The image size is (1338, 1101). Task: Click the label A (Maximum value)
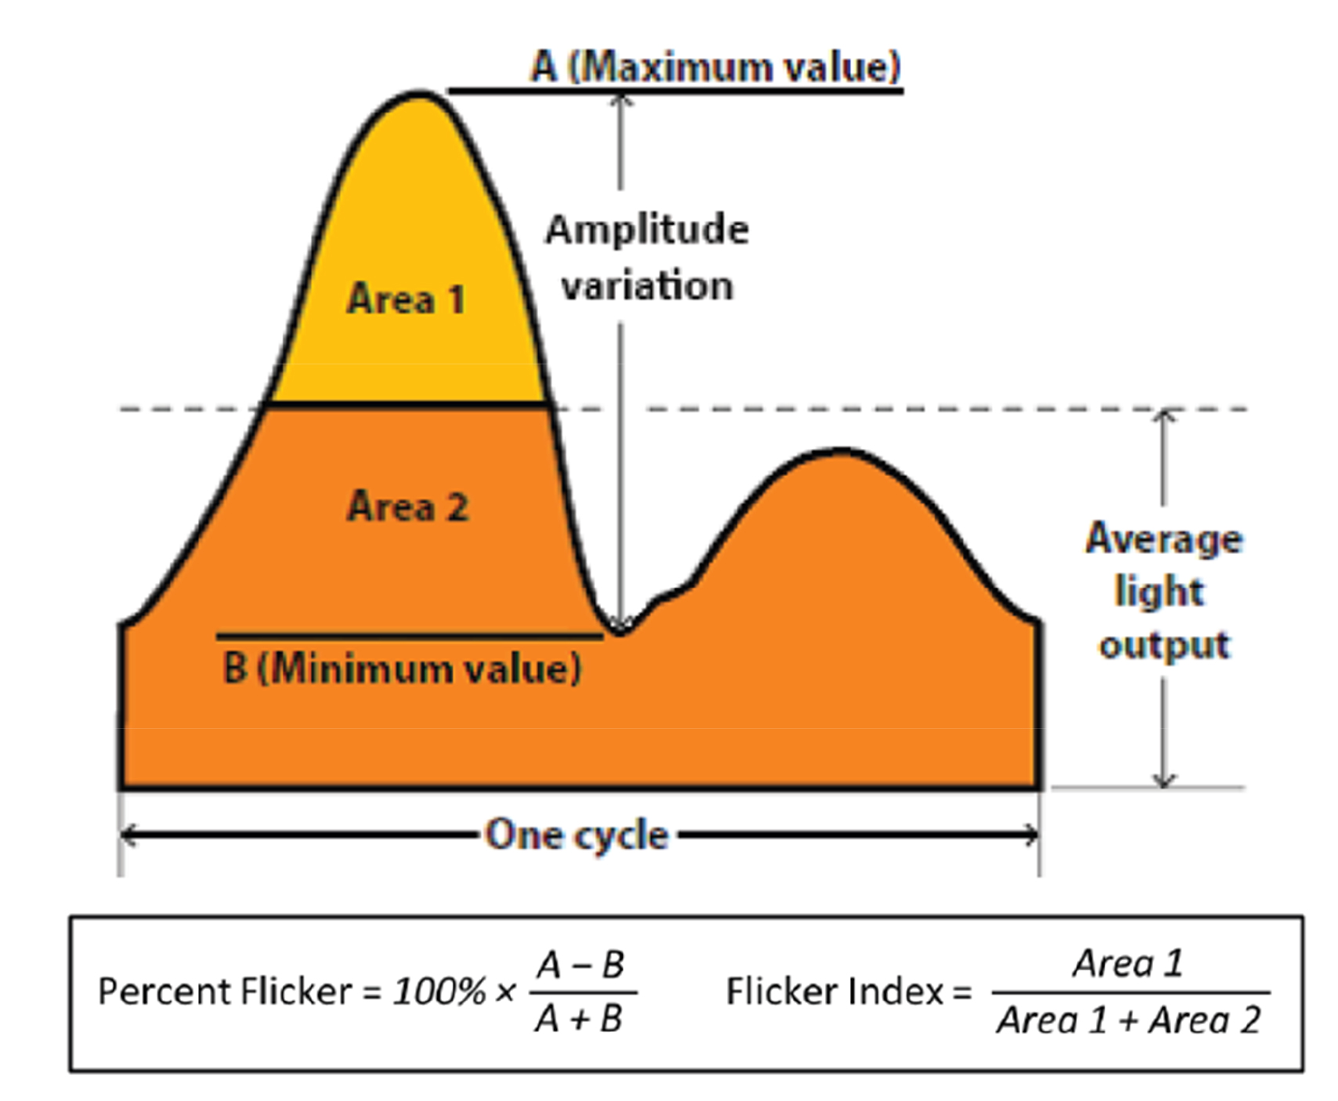pos(715,66)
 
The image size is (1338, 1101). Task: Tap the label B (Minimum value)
pos(402,668)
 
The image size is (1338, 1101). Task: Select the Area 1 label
pos(406,299)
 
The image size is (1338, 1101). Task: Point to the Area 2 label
pos(407,506)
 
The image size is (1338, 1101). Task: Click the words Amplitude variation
pos(647,257)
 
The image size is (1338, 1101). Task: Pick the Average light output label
pos(1163,591)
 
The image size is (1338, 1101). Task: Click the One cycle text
pos(577,835)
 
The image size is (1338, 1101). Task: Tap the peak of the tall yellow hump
pos(421,96)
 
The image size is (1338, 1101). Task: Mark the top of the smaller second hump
pos(841,451)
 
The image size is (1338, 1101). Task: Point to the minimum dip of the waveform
pos(620,631)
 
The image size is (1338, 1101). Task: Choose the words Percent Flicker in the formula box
pos(224,992)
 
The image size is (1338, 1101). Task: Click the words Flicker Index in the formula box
pos(835,992)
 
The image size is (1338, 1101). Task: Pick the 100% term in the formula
pos(439,992)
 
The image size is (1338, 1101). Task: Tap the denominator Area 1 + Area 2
pos(1128,1020)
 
